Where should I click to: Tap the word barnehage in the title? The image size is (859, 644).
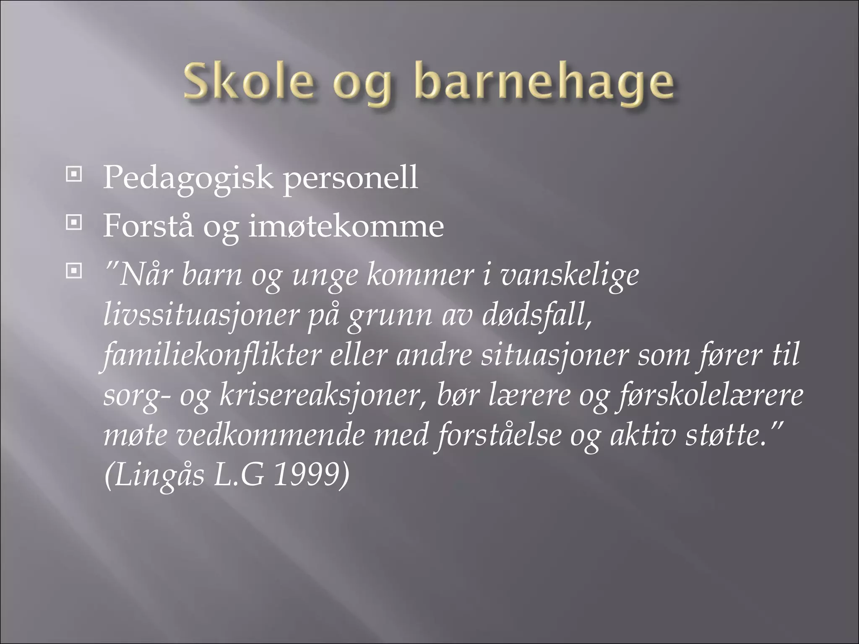click(544, 82)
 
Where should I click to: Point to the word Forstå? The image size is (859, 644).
click(148, 226)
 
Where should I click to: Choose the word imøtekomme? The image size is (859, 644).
click(345, 226)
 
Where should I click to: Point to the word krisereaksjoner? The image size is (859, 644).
click(323, 396)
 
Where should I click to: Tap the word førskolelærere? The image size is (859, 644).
click(711, 396)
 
